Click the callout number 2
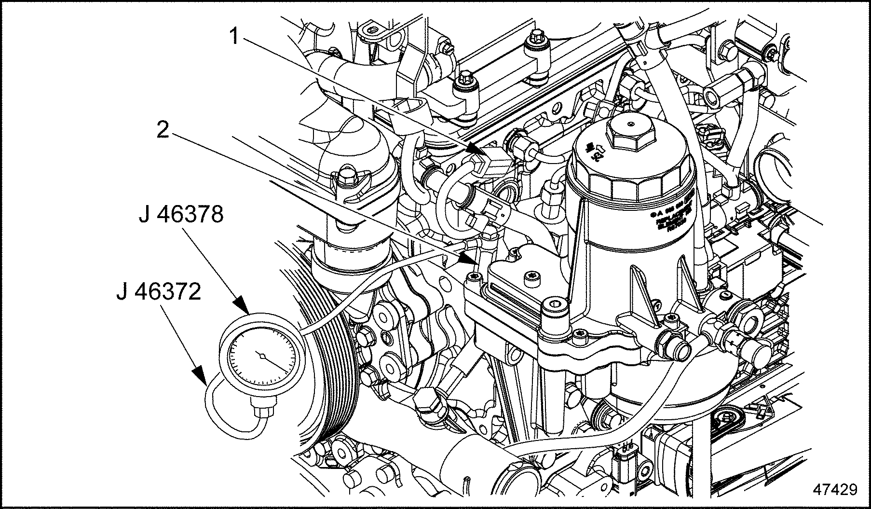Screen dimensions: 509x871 pyautogui.click(x=163, y=129)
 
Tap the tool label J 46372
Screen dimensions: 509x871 pyautogui.click(x=159, y=291)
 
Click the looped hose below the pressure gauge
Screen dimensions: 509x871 pyautogui.click(x=227, y=410)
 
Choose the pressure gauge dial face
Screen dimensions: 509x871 pyautogui.click(x=260, y=358)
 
